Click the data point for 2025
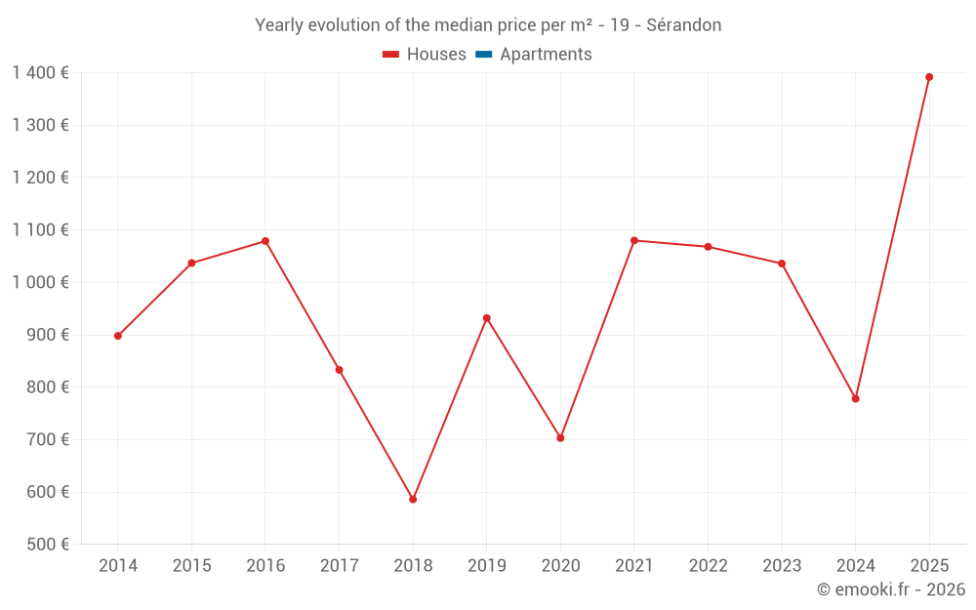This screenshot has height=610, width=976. click(x=929, y=77)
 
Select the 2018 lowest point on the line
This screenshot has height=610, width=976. click(x=413, y=499)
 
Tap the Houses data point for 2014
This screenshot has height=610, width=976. click(x=118, y=336)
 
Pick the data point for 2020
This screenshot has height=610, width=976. click(x=560, y=438)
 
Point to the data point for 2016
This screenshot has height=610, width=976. click(x=265, y=241)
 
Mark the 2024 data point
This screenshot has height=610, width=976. click(x=855, y=398)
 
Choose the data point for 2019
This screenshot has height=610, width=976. click(x=486, y=318)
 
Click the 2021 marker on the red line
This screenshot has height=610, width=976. click(x=634, y=240)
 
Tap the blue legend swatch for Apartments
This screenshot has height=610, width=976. click(x=483, y=55)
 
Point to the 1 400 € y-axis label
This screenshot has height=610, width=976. click(x=40, y=72)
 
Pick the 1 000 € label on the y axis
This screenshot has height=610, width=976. click(x=40, y=282)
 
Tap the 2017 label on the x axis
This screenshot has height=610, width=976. click(x=339, y=566)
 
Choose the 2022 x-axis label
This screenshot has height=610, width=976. click(x=708, y=566)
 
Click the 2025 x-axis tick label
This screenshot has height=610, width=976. click(x=929, y=566)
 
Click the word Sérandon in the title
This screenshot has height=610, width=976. click(x=683, y=25)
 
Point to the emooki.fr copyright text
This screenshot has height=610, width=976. click(x=891, y=590)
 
